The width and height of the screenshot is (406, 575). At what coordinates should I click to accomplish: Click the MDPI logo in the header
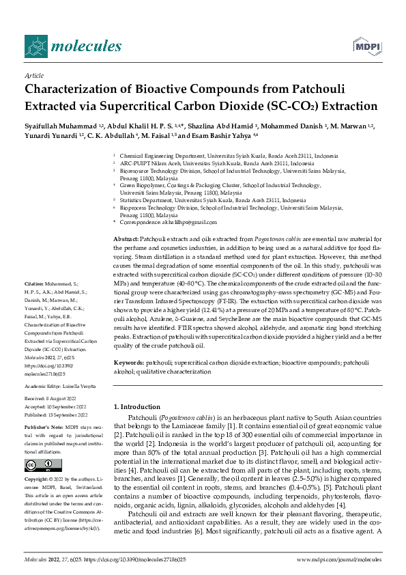point(366,46)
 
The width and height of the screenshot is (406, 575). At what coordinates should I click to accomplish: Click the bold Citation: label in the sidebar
point(34,282)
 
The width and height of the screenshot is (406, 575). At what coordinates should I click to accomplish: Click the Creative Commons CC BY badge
point(35,465)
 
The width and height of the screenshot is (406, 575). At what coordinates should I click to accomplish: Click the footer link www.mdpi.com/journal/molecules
point(339,559)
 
